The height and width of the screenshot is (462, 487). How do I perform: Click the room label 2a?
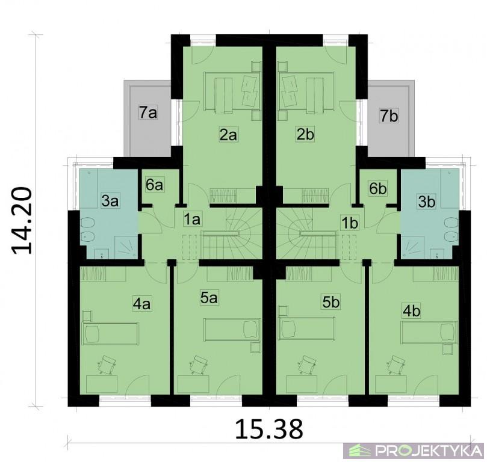click(x=229, y=135)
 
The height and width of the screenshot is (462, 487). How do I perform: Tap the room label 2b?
click(x=305, y=135)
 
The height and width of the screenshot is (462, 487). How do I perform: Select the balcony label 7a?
click(x=148, y=113)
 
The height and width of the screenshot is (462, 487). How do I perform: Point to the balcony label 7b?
click(x=389, y=116)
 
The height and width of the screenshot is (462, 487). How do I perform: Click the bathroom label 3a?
click(x=110, y=202)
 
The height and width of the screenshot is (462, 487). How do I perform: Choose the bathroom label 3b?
click(x=427, y=202)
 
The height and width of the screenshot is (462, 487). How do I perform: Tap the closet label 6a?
click(x=154, y=185)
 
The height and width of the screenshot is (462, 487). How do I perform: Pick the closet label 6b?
click(x=378, y=188)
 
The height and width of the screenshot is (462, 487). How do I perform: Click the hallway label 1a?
click(x=192, y=220)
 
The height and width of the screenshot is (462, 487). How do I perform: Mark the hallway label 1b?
click(x=350, y=223)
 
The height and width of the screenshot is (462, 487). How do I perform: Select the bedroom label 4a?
click(x=141, y=304)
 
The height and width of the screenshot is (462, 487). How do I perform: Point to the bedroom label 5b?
click(x=330, y=302)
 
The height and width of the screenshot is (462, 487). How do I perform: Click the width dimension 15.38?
click(x=269, y=429)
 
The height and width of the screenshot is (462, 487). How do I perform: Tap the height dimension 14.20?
click(x=22, y=220)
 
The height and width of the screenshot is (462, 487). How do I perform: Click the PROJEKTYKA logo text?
click(x=429, y=451)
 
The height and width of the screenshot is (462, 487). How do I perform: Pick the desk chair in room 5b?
click(x=306, y=365)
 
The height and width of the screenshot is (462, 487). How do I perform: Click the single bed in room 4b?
click(x=429, y=333)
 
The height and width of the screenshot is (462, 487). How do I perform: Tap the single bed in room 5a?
click(x=232, y=330)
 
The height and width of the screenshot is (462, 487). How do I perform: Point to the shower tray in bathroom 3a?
click(x=126, y=247)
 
